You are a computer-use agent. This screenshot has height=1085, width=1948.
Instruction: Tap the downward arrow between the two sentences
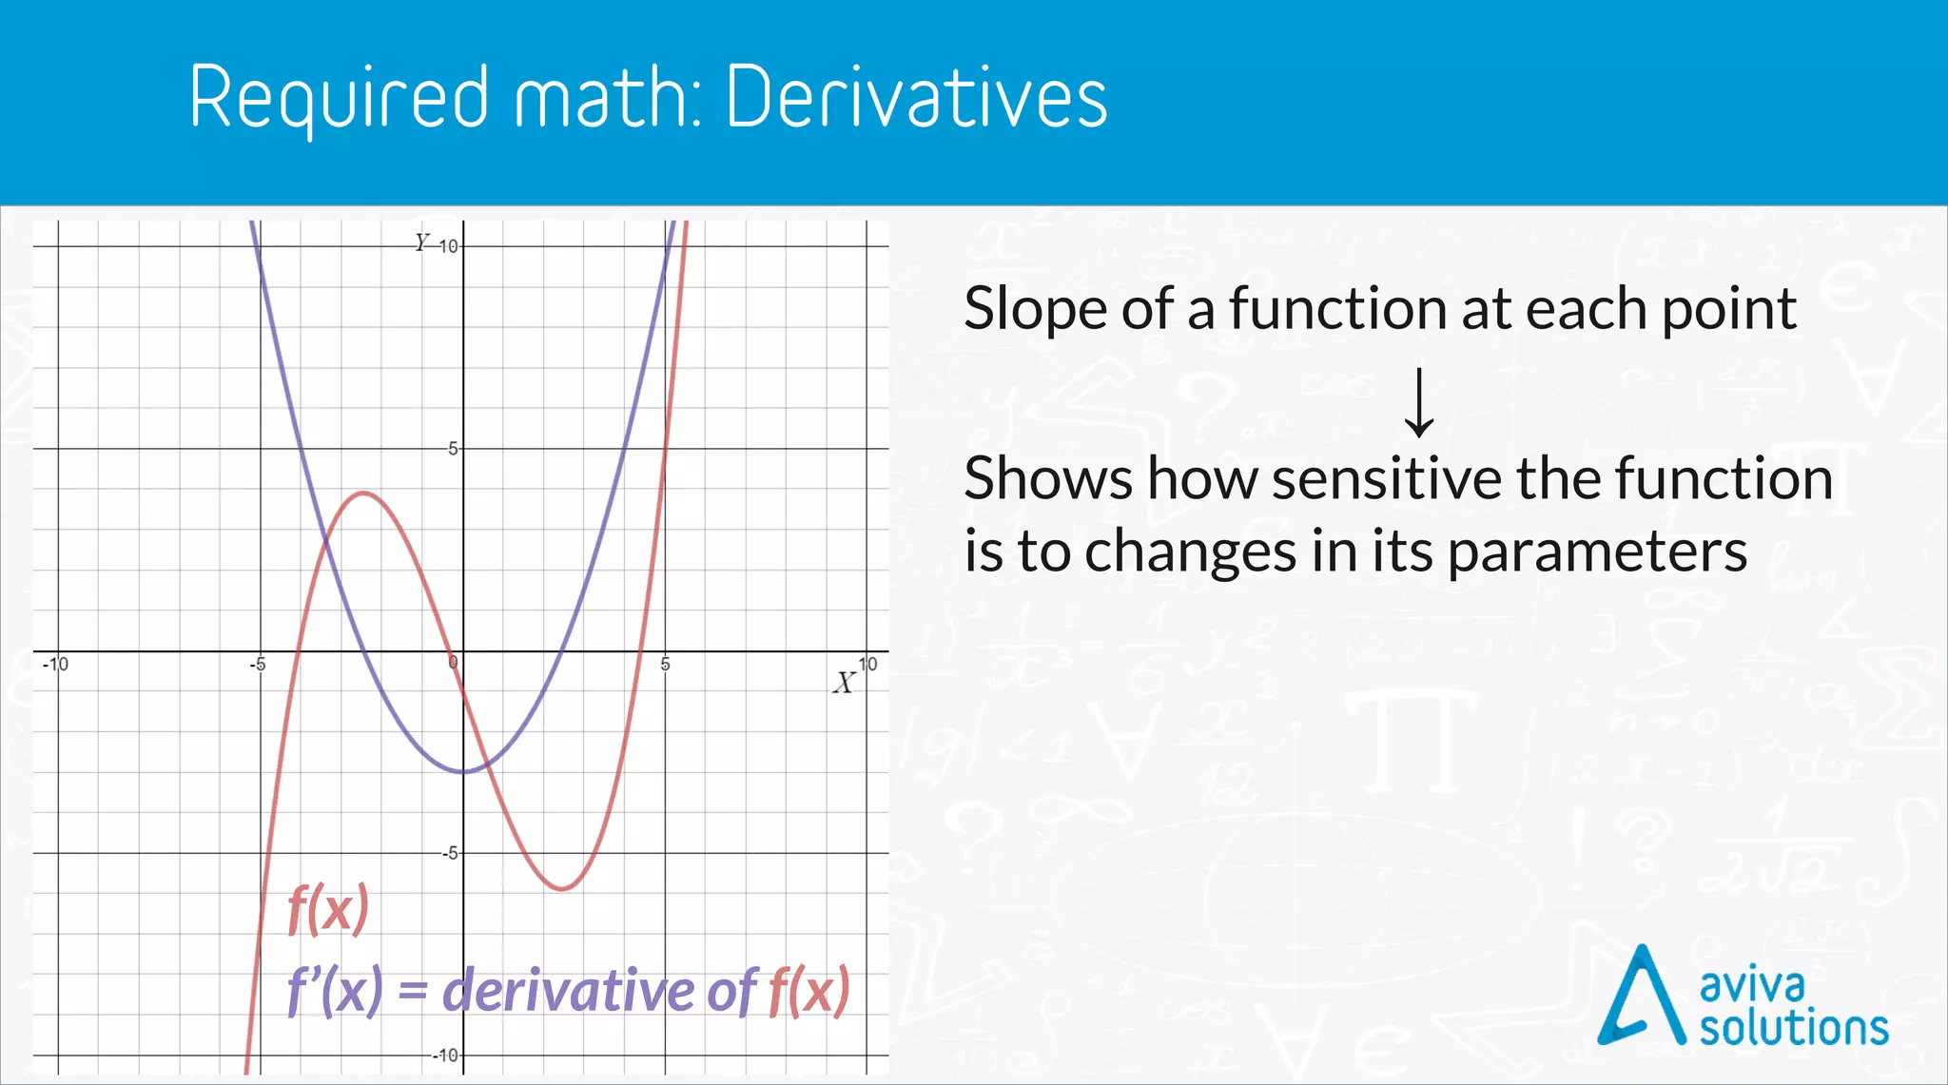tap(1419, 403)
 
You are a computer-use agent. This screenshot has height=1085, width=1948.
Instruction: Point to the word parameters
tap(1597, 552)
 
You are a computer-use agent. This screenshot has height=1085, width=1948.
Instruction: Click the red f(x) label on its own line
tap(328, 909)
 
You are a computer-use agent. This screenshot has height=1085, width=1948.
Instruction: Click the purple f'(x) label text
tap(336, 991)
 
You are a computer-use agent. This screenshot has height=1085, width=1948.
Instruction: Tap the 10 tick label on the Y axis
tap(448, 246)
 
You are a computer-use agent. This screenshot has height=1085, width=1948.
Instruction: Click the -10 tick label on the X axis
tap(56, 664)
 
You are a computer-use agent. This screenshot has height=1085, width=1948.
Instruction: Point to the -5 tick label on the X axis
tap(258, 664)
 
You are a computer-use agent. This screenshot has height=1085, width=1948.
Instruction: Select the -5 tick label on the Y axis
tap(450, 853)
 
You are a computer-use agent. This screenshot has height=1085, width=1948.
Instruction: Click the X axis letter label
tap(844, 683)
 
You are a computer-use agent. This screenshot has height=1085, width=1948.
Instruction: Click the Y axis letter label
tap(421, 242)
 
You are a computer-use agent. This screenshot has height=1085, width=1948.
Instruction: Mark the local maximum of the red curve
tap(364, 493)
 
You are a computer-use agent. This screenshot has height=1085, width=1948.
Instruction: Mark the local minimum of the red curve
tap(563, 888)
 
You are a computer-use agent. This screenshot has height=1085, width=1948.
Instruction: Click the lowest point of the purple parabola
tap(463, 771)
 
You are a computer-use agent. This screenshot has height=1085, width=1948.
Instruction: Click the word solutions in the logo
tap(1794, 1029)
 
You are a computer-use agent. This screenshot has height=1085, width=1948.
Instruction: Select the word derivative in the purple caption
tap(570, 991)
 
